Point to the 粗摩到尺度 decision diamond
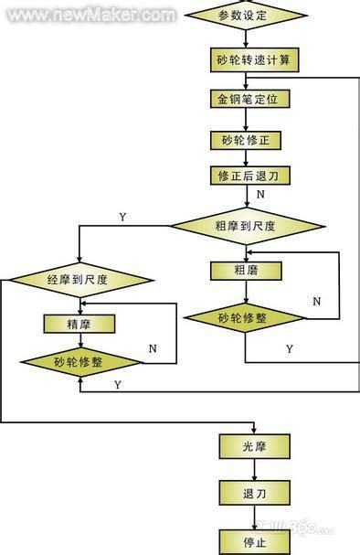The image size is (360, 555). pyautogui.click(x=248, y=225)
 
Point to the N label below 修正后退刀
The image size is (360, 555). pyautogui.click(x=260, y=195)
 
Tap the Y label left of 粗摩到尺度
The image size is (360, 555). pyautogui.click(x=122, y=216)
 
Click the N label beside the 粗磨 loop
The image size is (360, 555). pyautogui.click(x=317, y=301)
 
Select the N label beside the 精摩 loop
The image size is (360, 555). pyautogui.click(x=153, y=347)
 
